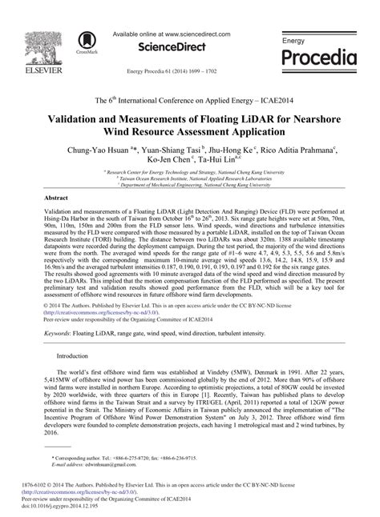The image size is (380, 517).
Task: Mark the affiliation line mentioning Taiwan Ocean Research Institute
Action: click(x=189, y=178)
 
